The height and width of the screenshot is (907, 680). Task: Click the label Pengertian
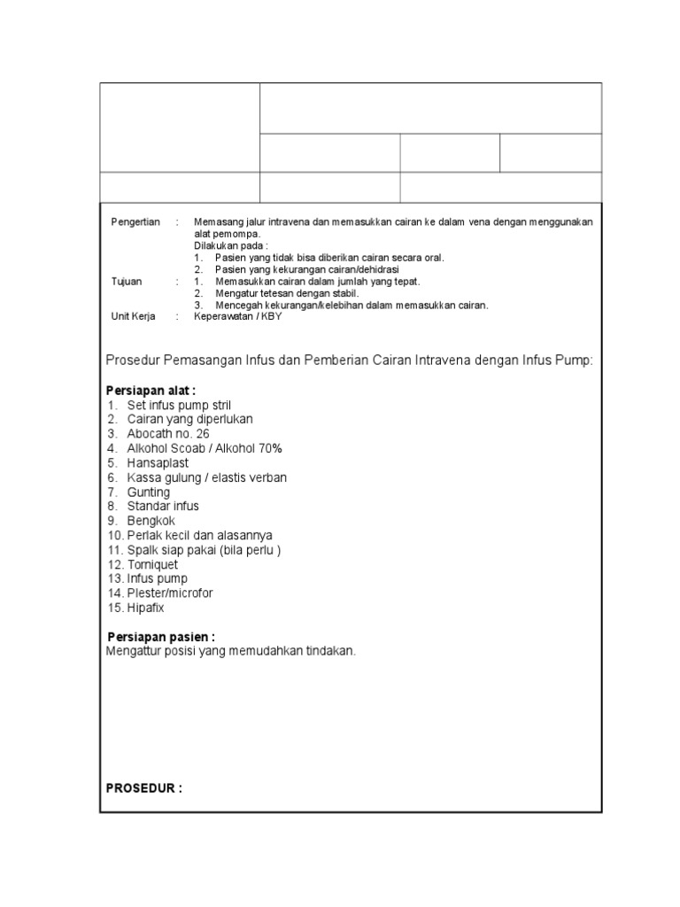pos(135,222)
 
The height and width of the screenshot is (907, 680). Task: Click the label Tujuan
pos(126,281)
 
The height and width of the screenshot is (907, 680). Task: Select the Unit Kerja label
pos(132,315)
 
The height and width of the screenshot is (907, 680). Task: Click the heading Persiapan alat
pos(151,391)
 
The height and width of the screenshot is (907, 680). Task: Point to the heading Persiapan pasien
pos(160,636)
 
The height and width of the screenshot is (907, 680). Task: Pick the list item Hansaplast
pos(158,463)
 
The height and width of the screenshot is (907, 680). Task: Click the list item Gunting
pos(148,492)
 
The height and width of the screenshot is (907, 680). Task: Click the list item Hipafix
pos(145,608)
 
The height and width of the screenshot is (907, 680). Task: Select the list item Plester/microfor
pos(169,593)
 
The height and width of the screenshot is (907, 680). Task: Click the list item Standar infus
pos(163,506)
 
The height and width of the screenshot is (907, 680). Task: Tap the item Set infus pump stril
pos(179,405)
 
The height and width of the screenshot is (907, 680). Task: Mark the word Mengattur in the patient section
pos(132,651)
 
